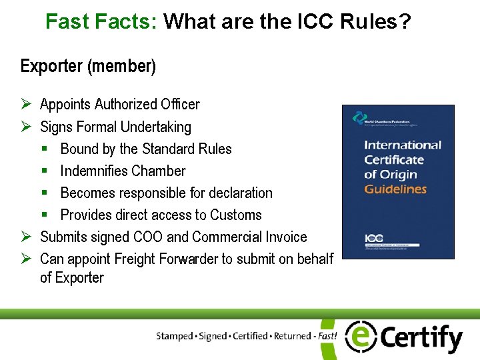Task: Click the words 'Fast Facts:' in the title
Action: point(101,22)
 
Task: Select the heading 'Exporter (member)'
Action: point(88,66)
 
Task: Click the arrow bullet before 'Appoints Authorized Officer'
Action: point(25,104)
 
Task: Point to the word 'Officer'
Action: point(180,105)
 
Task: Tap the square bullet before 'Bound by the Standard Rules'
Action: point(45,149)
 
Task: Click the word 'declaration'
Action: point(241,193)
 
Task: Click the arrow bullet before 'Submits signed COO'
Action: point(25,237)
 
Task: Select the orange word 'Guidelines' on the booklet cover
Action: point(395,189)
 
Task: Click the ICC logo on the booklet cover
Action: point(374,237)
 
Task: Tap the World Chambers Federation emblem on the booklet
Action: point(359,117)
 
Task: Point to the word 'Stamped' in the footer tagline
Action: point(175,336)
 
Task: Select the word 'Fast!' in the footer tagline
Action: point(327,336)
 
